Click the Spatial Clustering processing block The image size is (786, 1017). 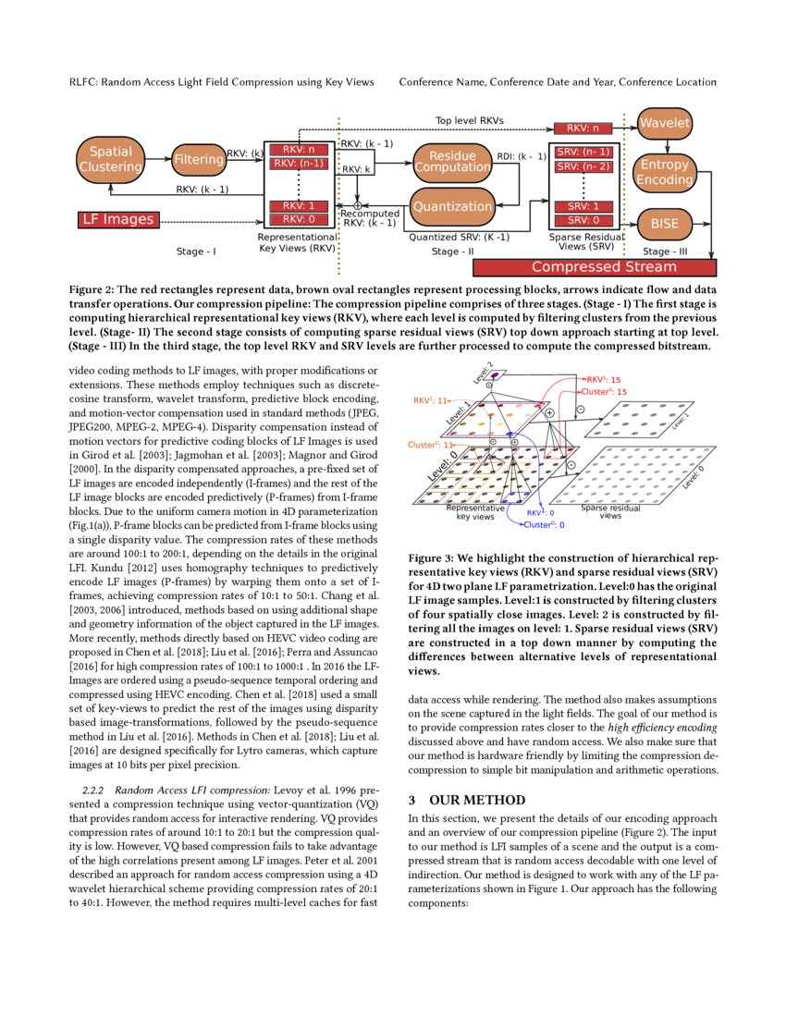tap(111, 159)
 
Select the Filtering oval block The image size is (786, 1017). tap(198, 159)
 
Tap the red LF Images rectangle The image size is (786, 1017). tap(117, 220)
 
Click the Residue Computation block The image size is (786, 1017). tap(451, 161)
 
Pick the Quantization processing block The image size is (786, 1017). tap(451, 206)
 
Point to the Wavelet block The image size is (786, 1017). tap(665, 123)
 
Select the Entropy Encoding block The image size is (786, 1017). tap(665, 172)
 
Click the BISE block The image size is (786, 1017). tap(665, 224)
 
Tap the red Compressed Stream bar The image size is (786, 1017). tap(596, 267)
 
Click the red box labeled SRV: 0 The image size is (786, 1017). tap(583, 220)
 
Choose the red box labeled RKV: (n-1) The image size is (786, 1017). tap(299, 164)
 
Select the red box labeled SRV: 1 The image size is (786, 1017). tap(583, 206)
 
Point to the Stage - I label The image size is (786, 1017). tap(196, 251)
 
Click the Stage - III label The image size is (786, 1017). tap(669, 251)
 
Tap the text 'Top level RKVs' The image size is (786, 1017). tap(470, 120)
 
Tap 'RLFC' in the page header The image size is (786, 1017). tap(83, 82)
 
